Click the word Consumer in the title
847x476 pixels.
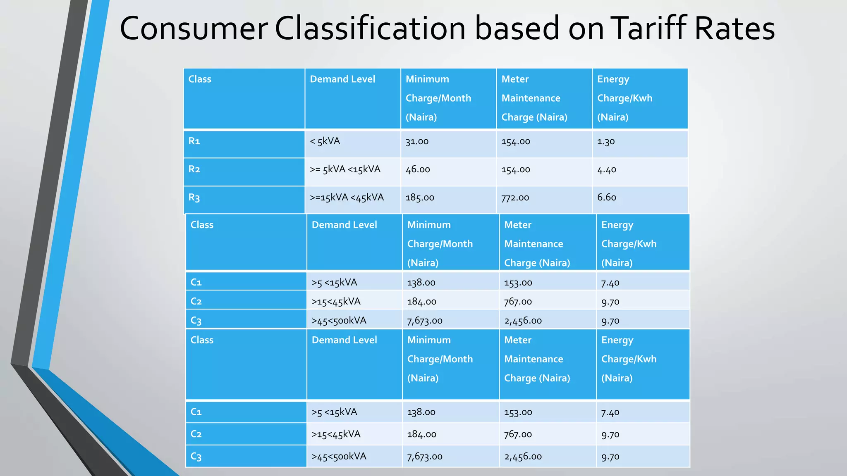pos(194,29)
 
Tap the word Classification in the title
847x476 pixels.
pos(370,29)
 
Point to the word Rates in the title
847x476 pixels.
pos(735,29)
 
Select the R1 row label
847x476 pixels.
pos(194,141)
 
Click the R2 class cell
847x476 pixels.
pos(194,169)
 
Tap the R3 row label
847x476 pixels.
pos(194,198)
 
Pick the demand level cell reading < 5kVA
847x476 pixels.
pos(325,141)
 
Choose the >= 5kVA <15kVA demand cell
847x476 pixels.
pos(345,169)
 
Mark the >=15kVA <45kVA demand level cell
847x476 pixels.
pos(347,198)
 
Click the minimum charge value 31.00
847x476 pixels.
pos(417,142)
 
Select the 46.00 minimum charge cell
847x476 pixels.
pos(418,170)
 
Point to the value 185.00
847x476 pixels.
pos(420,198)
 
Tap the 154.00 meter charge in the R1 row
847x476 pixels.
pos(516,142)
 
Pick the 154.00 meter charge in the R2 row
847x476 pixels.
pos(516,170)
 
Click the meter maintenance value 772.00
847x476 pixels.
pos(515,198)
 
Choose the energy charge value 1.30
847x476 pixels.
pos(606,142)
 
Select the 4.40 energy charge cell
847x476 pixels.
pos(607,170)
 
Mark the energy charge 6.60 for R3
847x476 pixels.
pos(607,198)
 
